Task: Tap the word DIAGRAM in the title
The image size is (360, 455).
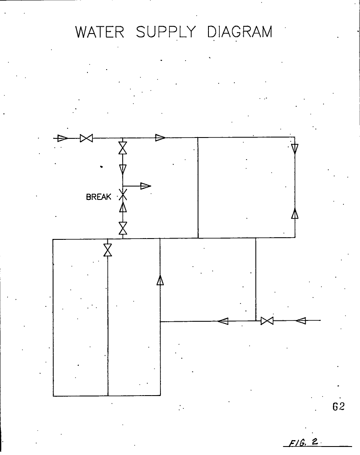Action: (x=240, y=32)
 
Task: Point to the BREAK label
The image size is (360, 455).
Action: (x=98, y=197)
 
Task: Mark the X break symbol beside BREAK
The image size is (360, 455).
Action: (x=123, y=196)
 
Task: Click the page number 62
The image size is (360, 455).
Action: (x=338, y=407)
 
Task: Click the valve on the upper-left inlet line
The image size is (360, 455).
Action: (x=87, y=138)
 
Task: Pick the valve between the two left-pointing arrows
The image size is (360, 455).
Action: (x=267, y=320)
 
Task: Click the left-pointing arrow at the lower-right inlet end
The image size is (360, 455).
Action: (x=301, y=320)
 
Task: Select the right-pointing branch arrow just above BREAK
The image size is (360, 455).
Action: (x=146, y=185)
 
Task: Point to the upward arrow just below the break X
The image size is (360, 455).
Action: (x=123, y=207)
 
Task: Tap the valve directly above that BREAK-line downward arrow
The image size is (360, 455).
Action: (x=123, y=148)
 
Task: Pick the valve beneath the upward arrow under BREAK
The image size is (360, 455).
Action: (x=123, y=228)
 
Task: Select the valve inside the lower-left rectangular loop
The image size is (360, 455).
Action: (x=108, y=250)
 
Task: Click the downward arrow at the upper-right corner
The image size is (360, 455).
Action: (x=295, y=149)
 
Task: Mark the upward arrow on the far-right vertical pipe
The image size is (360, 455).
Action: (x=295, y=213)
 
